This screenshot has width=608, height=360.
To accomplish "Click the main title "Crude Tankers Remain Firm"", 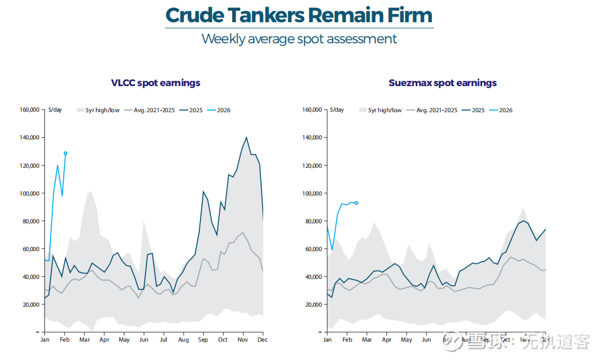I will point(299,15).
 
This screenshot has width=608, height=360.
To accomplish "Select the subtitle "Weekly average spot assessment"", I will point(299,39).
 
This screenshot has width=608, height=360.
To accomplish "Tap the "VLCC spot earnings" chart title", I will point(155,83).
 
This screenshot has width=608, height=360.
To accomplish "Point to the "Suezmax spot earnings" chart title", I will point(443,83).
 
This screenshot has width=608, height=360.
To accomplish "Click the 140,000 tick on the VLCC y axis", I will point(28,138).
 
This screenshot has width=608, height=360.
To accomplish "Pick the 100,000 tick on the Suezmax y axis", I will point(311,193).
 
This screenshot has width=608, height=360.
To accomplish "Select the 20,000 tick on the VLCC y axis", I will point(29,304).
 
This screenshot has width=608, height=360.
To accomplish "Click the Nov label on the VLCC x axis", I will point(242,340).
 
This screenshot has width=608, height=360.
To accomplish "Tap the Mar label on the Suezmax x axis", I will point(366,340).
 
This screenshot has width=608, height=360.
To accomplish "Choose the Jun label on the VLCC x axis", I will point(144,340).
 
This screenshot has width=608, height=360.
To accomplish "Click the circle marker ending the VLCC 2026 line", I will point(66,153).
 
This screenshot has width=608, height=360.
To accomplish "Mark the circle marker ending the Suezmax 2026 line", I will point(356,203).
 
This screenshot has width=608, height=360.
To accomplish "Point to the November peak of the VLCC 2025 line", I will point(246,138).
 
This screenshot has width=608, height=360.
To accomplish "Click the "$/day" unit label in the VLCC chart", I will point(56,110).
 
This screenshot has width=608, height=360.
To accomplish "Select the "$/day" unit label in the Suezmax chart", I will point(336,110).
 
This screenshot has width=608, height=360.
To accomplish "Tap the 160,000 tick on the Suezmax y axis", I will point(311,110).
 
